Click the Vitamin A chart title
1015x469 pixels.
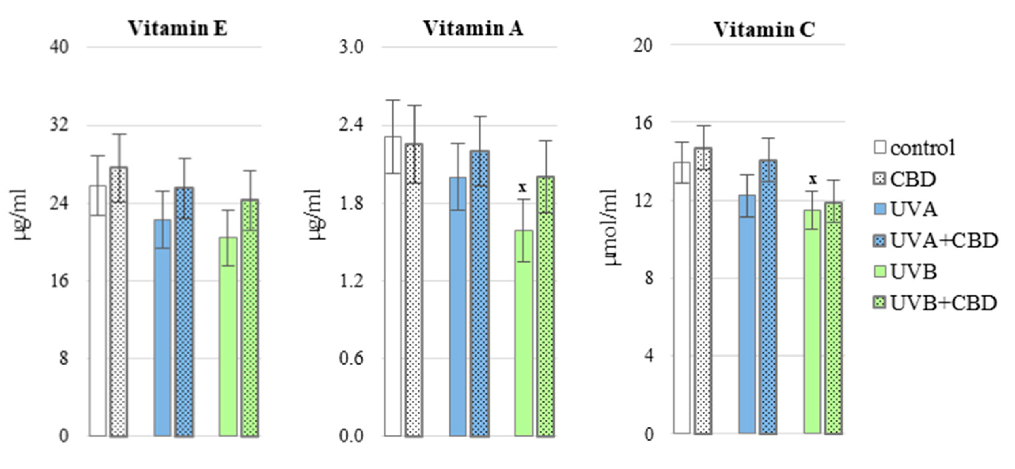[473, 29]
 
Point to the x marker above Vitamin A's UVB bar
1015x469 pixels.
[522, 187]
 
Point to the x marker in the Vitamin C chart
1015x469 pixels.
[812, 179]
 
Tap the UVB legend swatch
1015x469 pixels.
[880, 272]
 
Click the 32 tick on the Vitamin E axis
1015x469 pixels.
[59, 125]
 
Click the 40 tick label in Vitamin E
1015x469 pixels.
[59, 47]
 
